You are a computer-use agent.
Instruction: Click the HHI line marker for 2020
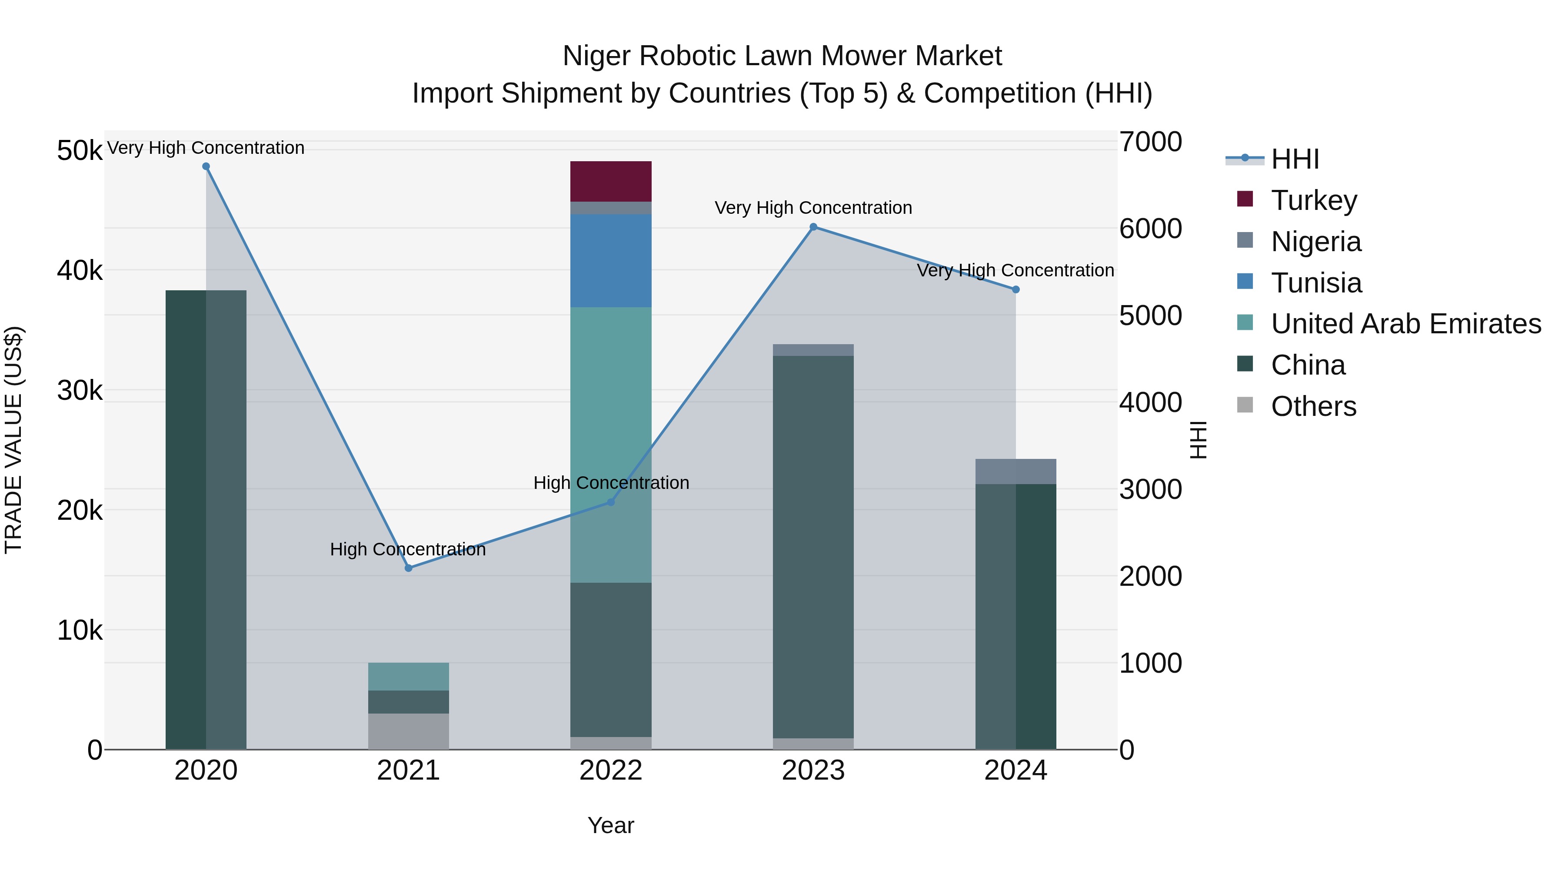click(x=206, y=166)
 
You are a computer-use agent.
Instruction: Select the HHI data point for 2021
click(x=408, y=568)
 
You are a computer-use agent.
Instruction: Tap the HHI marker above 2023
click(x=813, y=227)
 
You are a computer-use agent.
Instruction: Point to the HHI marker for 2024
click(x=1016, y=290)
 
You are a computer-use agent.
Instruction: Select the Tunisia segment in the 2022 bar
click(x=611, y=261)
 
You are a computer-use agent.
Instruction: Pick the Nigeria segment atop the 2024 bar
click(x=1016, y=471)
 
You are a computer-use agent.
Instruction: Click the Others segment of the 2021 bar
click(x=408, y=731)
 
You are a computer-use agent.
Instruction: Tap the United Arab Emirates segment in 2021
click(x=408, y=677)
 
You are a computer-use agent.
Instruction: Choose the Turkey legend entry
click(x=1313, y=200)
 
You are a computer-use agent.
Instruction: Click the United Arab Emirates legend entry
click(x=1406, y=324)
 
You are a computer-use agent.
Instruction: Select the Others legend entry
click(x=1313, y=406)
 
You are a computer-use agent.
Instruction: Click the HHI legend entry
click(x=1294, y=159)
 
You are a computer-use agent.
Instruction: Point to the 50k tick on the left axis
click(x=80, y=151)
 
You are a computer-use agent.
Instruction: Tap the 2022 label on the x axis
click(x=611, y=770)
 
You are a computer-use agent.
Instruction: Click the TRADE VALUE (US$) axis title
click(x=13, y=440)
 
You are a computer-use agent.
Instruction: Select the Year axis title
click(x=611, y=825)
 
